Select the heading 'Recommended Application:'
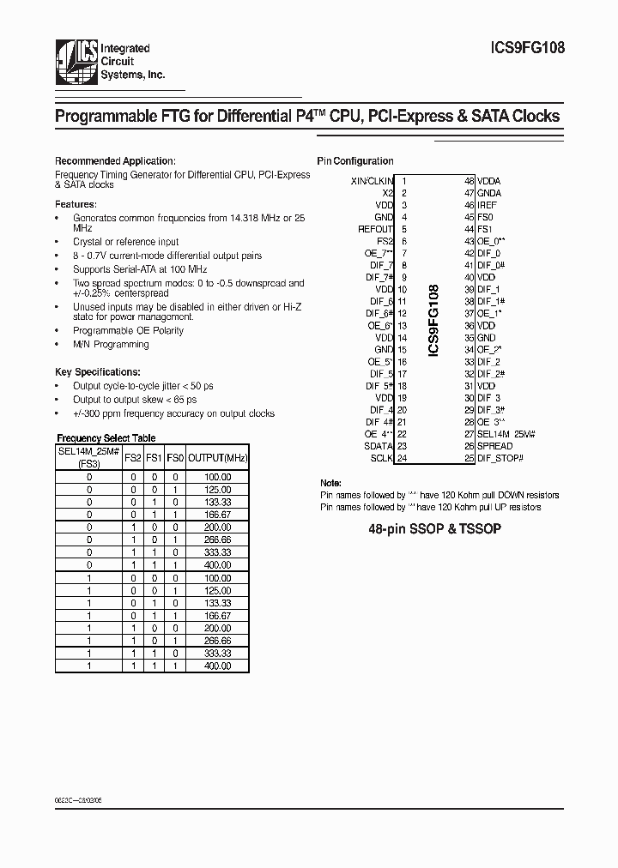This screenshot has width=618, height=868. point(115,160)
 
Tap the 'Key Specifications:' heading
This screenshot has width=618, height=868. point(98,372)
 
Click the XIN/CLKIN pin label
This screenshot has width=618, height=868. point(372,181)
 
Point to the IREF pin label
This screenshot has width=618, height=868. point(487,205)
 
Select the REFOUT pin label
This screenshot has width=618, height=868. point(375,229)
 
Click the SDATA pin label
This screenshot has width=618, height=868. point(379,446)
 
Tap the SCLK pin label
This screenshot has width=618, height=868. point(381,458)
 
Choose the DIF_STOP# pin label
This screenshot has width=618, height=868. point(500,458)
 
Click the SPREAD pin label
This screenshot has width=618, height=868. point(494,446)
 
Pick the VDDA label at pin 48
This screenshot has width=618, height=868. point(488,181)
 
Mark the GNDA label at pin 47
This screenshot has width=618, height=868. point(488,193)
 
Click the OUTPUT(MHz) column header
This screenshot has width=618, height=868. point(218,458)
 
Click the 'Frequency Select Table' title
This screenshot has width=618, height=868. point(106,437)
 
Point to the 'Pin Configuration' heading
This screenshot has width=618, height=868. point(355,160)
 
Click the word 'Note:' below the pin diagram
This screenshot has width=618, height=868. point(330,484)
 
